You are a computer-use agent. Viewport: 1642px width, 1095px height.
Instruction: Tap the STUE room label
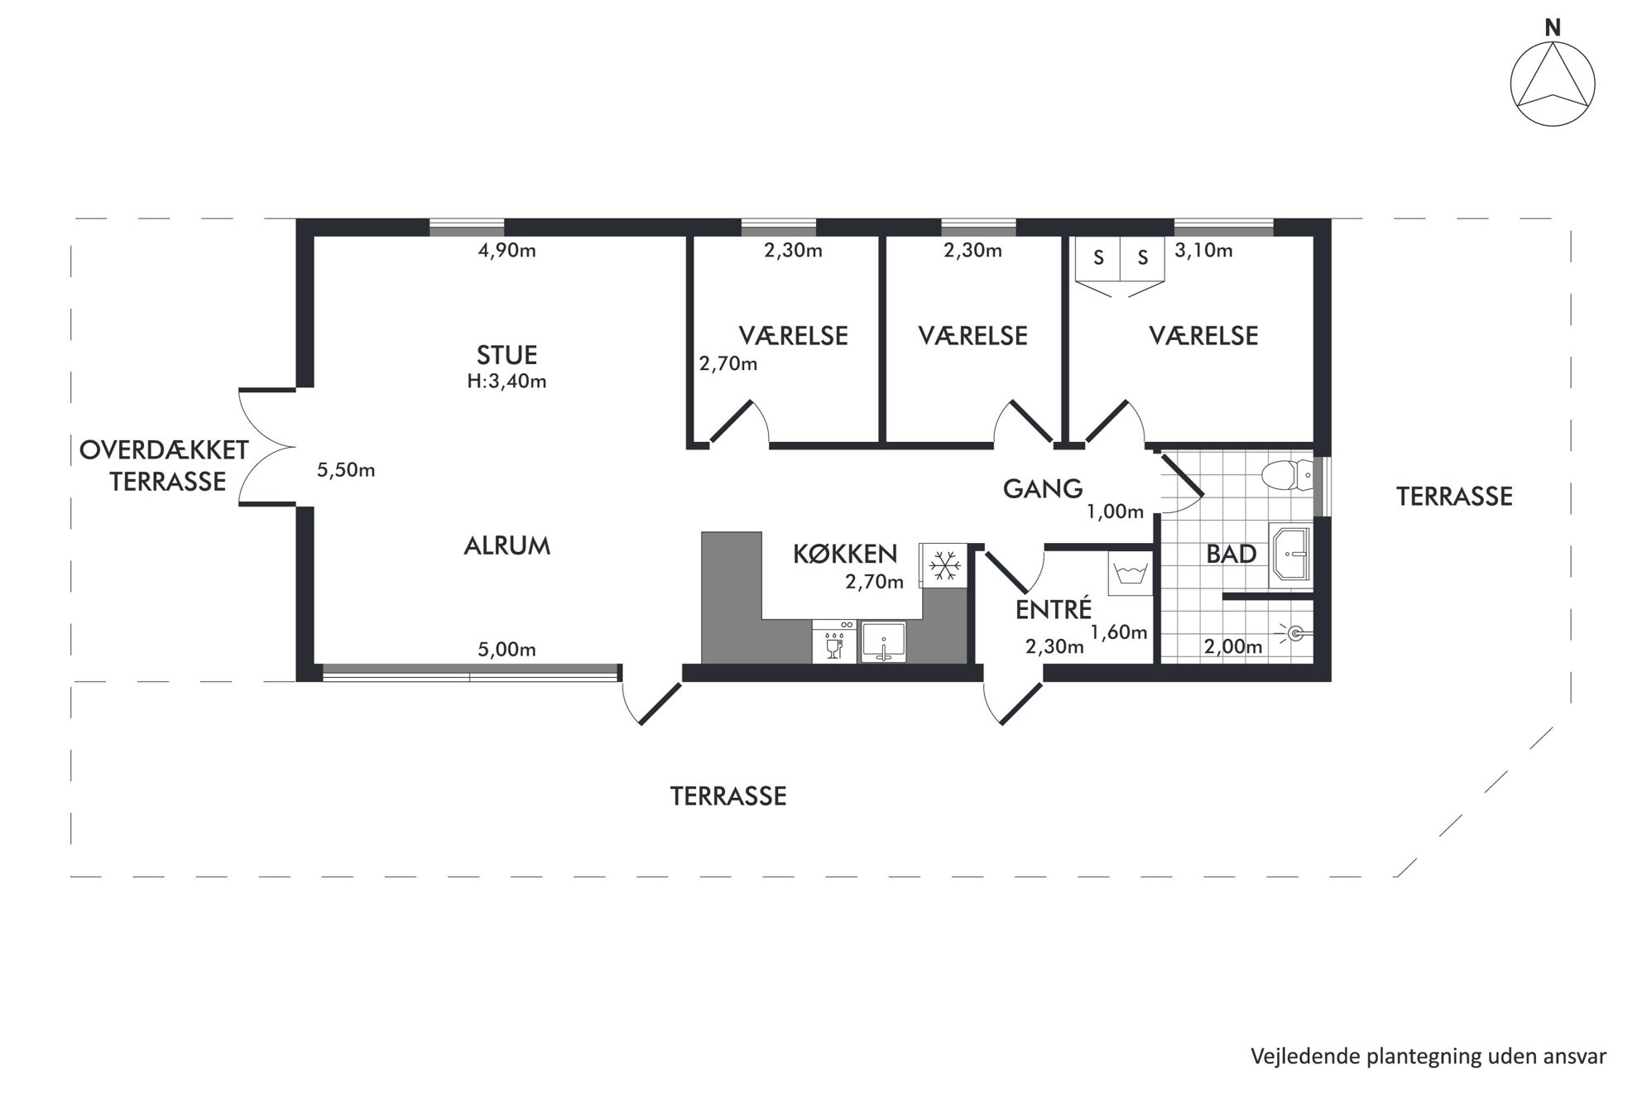click(507, 355)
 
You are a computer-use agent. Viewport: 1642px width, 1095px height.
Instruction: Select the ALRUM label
click(507, 545)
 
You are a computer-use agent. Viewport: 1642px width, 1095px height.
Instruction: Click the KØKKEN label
click(845, 554)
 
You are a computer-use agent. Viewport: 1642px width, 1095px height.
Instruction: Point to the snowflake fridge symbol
click(943, 566)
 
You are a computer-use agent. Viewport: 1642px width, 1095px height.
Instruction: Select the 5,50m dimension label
click(346, 470)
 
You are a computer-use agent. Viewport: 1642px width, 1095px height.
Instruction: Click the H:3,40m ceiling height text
click(507, 382)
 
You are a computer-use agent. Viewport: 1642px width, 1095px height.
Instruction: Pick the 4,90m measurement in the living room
click(507, 250)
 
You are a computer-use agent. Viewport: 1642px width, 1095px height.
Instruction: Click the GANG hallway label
click(1043, 489)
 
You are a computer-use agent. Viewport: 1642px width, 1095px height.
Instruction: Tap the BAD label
click(1231, 554)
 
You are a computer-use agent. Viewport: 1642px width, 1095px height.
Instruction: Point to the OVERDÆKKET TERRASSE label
click(164, 465)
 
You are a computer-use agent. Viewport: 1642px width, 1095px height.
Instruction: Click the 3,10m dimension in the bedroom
click(1203, 250)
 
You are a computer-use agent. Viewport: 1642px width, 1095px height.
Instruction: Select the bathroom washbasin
click(1290, 553)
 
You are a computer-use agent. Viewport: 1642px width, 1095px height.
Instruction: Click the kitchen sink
click(884, 641)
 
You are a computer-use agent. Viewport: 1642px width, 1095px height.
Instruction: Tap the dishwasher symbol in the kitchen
click(835, 641)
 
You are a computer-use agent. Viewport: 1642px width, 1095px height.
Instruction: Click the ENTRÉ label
click(1054, 610)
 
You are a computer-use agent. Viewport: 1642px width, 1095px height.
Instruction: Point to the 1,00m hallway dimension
click(1115, 511)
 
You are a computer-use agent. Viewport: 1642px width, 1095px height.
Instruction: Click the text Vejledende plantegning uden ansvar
click(1428, 1057)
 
